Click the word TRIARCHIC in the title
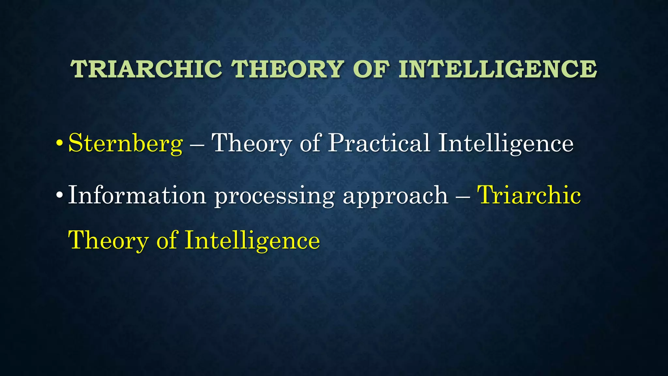click(146, 69)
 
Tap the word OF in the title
click(371, 69)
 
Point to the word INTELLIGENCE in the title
click(497, 69)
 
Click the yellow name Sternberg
click(125, 144)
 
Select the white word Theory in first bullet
click(251, 144)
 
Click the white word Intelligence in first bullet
click(505, 144)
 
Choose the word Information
click(137, 195)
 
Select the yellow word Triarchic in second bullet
click(529, 195)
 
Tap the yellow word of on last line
click(167, 240)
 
